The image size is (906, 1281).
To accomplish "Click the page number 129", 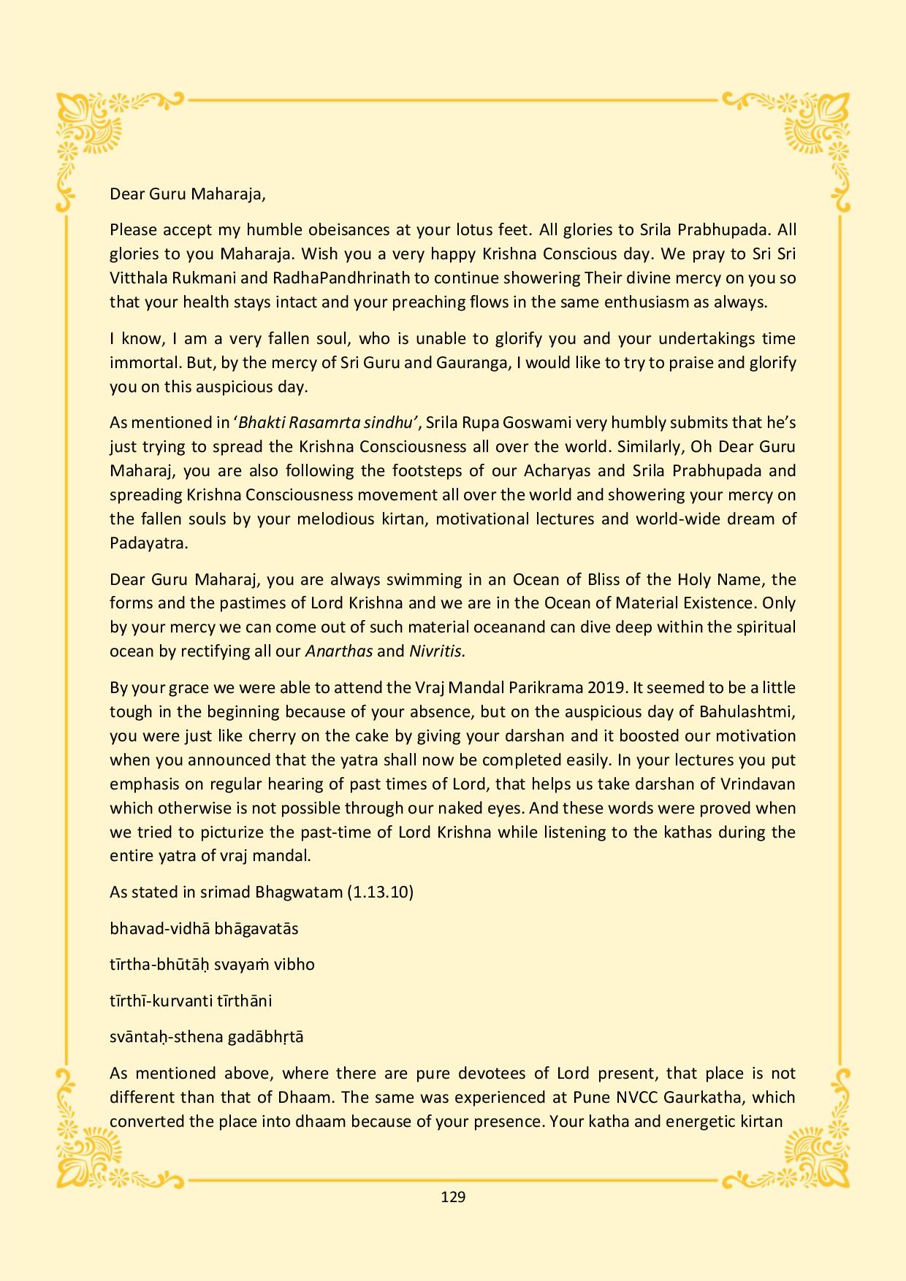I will [453, 1196].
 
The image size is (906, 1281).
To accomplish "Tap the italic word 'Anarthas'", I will [339, 651].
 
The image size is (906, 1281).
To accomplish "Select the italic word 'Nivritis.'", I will [437, 651].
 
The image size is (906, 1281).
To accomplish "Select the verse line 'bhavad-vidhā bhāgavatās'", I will [204, 928].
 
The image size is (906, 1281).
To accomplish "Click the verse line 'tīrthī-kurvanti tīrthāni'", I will [191, 1001].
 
